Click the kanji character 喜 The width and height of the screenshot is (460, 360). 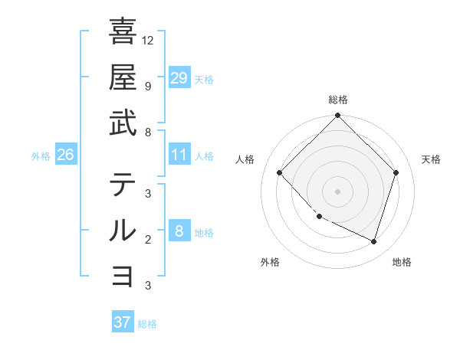(123, 31)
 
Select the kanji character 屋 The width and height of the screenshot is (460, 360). (123, 77)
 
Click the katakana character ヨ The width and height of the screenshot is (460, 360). (123, 276)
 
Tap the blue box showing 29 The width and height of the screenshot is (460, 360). (179, 78)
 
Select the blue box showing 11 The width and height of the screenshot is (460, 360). (179, 155)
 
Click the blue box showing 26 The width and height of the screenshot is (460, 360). (66, 155)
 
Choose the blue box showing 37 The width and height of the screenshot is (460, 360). (123, 322)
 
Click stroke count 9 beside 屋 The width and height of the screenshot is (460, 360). (147, 86)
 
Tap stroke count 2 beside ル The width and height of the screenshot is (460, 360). (147, 239)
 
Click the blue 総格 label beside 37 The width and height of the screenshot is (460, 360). (147, 324)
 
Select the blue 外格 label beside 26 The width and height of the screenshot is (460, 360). (41, 156)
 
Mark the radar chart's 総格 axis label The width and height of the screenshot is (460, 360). (337, 100)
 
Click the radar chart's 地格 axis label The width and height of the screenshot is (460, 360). (402, 262)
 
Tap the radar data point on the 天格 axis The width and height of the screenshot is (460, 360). (396, 172)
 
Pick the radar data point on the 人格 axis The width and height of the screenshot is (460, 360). (280, 173)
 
